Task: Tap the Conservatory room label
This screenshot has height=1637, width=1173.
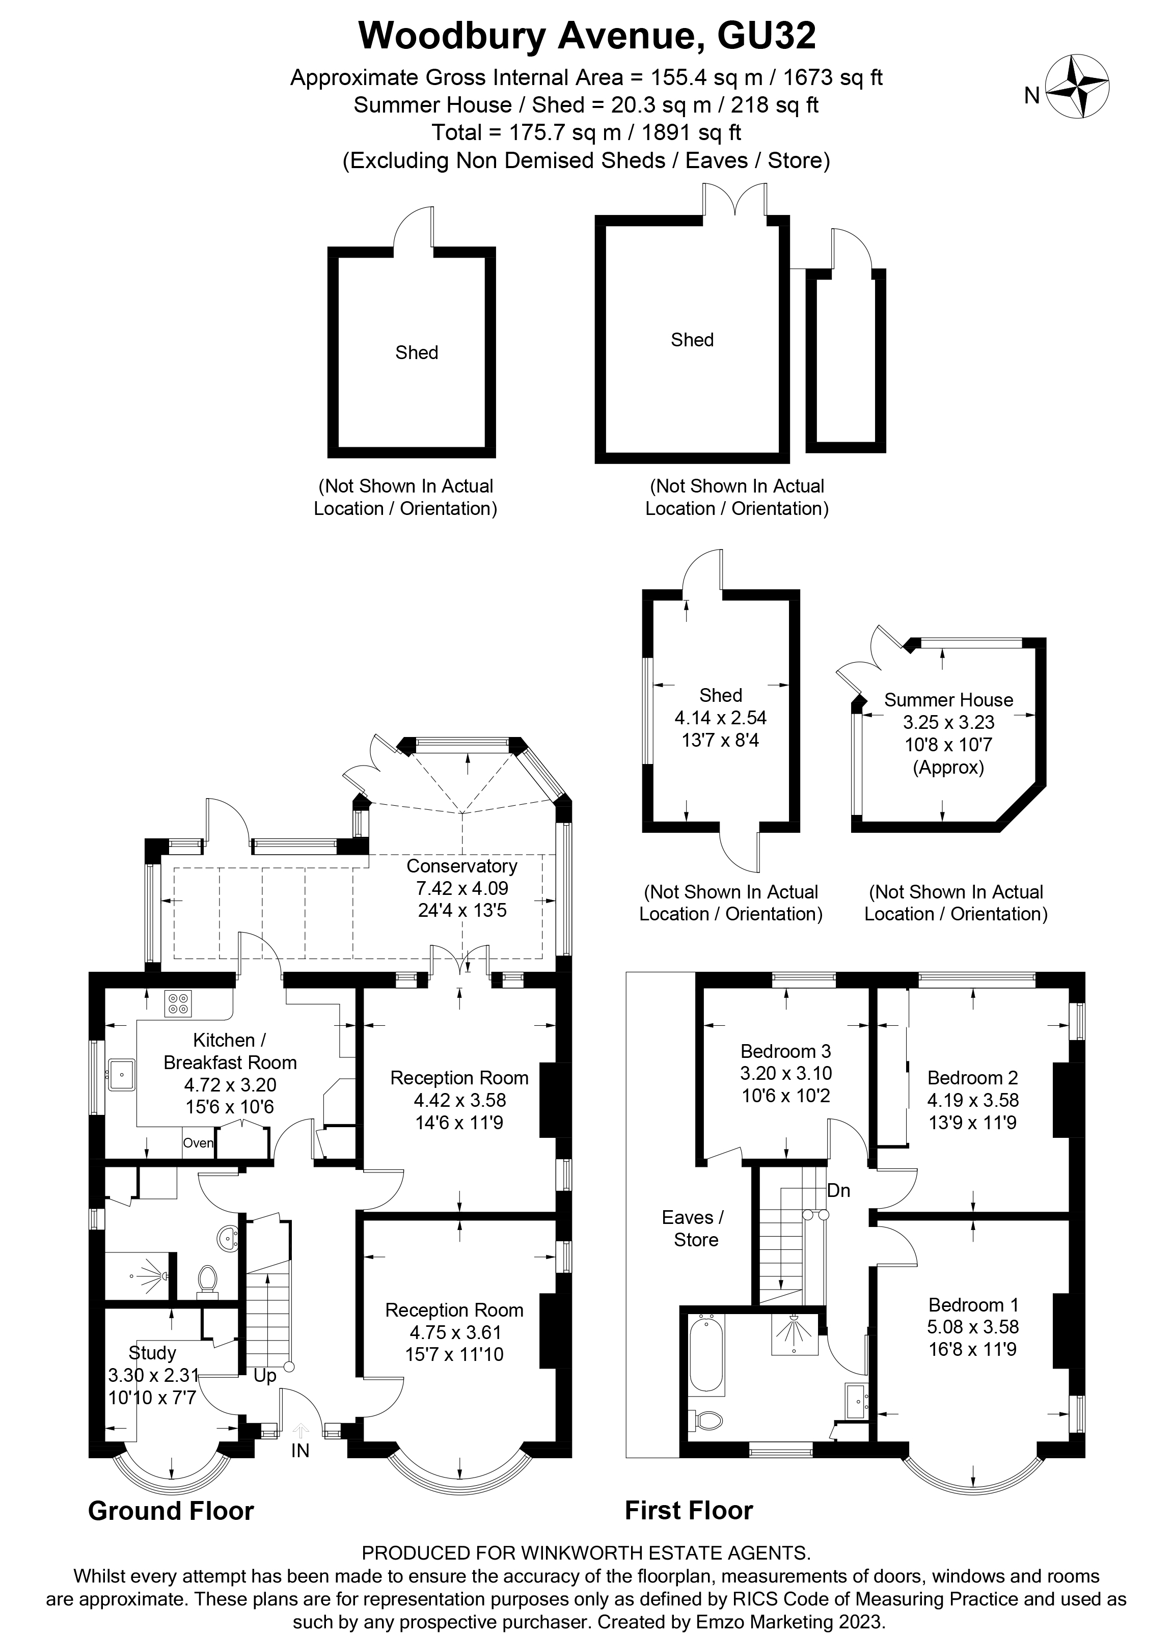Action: tap(462, 866)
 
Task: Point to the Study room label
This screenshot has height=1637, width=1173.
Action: tap(152, 1353)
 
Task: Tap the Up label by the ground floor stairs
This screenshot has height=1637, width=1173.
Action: tap(265, 1376)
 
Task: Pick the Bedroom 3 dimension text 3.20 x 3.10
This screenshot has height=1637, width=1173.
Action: tap(785, 1073)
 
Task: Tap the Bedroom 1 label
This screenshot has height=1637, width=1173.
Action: tap(973, 1304)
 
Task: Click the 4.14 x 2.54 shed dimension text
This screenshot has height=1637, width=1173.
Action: tap(720, 718)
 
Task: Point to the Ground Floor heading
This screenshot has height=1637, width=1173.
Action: tap(170, 1511)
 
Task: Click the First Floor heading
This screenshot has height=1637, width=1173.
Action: tap(689, 1510)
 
